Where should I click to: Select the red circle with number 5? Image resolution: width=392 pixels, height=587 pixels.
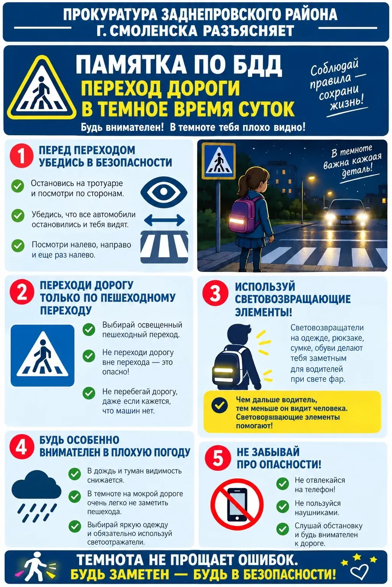coord(218,458)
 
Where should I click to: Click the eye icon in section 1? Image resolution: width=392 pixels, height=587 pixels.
coord(164,191)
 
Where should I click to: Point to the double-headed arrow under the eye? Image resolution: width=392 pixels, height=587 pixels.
coord(165,220)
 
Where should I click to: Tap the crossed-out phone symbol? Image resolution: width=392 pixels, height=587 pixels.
coord(237,505)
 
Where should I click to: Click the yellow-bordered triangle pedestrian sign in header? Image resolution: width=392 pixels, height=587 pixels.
coord(41,87)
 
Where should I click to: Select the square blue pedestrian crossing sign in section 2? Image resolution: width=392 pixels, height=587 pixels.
coord(42,355)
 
